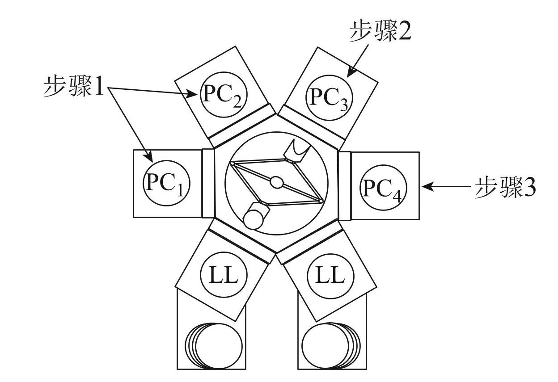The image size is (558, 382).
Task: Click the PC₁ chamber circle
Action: click(166, 184)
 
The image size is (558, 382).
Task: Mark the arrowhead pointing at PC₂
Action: click(194, 94)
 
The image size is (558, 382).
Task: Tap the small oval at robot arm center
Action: click(276, 182)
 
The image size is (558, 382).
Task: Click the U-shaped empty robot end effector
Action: click(296, 151)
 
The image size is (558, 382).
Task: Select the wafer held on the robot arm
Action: click(254, 218)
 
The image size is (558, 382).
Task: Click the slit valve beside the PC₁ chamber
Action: click(208, 183)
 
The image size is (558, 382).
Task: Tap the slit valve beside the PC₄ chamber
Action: click(344, 185)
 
